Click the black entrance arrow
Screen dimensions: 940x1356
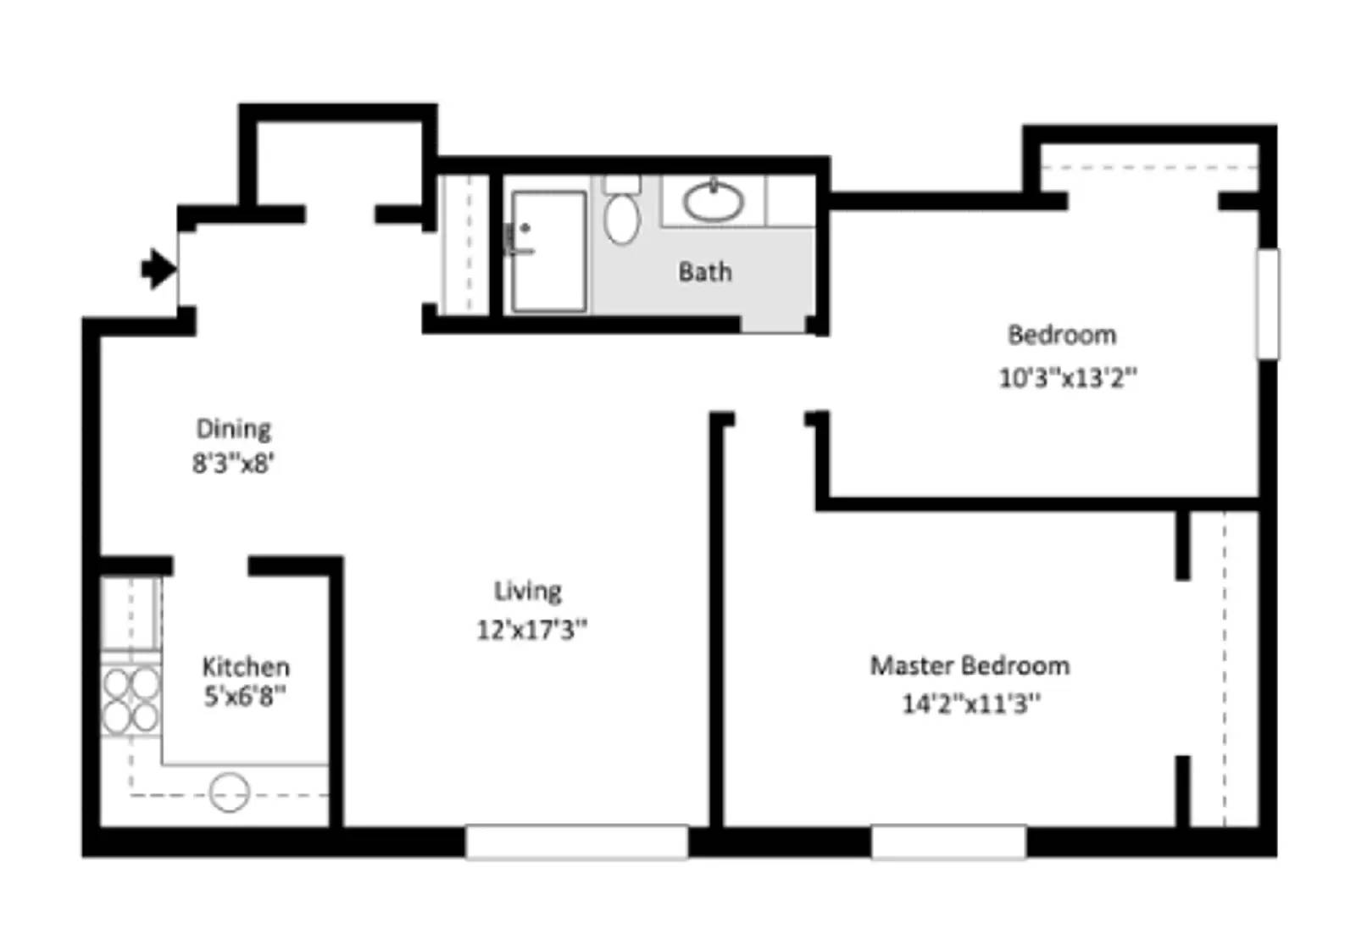158,270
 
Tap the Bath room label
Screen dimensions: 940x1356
704,272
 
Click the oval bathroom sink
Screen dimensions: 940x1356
714,202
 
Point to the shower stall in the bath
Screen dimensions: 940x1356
548,251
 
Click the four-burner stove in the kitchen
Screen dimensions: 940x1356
131,700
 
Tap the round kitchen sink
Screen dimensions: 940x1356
229,793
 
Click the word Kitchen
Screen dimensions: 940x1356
246,666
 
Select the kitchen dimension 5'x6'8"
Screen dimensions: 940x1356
244,697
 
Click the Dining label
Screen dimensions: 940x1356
233,429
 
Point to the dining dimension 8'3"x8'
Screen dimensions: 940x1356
233,464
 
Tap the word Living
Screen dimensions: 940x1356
527,591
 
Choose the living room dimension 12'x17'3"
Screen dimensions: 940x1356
531,630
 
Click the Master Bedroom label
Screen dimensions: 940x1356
970,665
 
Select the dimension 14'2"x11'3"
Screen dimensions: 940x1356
970,704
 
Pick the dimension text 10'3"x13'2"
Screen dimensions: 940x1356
1067,377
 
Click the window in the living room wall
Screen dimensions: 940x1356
576,842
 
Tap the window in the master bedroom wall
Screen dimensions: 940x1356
948,842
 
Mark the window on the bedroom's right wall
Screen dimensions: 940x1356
1267,303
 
